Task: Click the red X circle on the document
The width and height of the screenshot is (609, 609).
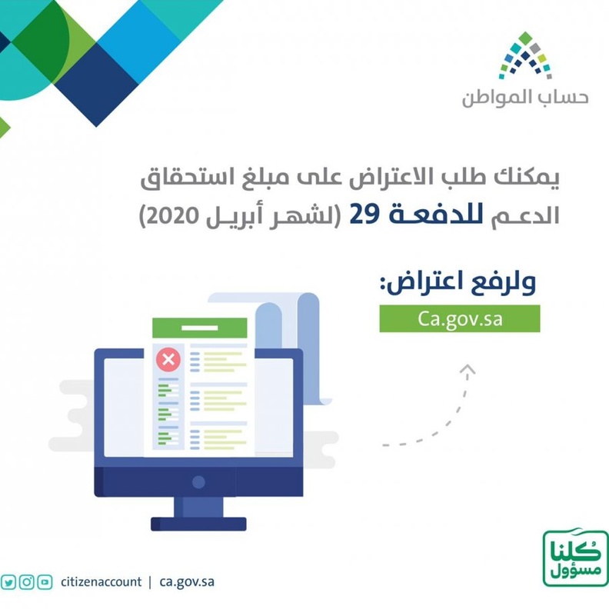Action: click(168, 358)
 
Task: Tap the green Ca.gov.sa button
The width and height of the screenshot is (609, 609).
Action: click(459, 318)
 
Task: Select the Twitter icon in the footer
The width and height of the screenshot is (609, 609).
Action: click(8, 581)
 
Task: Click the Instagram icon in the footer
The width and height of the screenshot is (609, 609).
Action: click(27, 581)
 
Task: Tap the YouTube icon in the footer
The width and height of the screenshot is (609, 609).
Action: click(45, 581)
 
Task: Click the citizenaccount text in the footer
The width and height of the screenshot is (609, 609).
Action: click(100, 582)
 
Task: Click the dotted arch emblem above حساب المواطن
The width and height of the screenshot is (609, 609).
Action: click(525, 55)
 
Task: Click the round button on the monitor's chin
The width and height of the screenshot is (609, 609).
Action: click(199, 483)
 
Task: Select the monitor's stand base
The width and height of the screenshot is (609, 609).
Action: click(198, 524)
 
